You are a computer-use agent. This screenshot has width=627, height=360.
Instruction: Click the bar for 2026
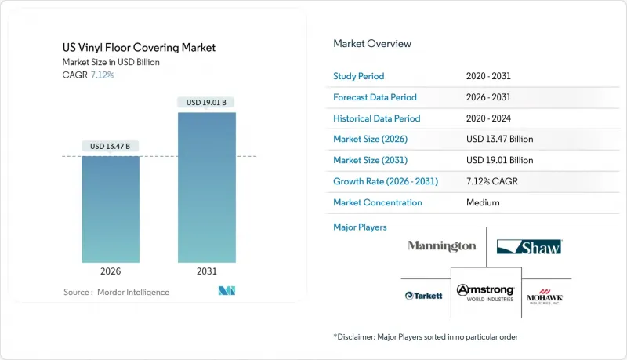pos(111,209)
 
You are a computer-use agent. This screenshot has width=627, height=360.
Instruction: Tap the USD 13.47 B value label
pos(111,146)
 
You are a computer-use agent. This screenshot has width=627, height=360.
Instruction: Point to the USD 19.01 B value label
pos(206,103)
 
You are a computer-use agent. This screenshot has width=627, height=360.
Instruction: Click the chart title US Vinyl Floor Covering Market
pos(140,48)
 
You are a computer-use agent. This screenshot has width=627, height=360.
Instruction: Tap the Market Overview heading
pos(372,43)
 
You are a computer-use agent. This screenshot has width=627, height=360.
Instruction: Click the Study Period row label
pos(359,76)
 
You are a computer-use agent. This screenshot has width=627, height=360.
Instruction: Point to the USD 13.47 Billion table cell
pos(498,139)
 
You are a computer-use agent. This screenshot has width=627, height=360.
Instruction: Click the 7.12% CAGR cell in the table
pos(492,181)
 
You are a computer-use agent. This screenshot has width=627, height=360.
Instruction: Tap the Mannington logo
pos(442,246)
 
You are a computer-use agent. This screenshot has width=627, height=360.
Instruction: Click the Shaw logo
pos(529,247)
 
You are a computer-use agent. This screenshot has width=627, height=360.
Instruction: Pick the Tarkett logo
pos(424,296)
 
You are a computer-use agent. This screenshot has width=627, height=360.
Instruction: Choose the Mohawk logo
pos(545,296)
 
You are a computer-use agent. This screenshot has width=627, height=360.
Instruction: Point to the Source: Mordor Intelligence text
pos(116,292)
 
